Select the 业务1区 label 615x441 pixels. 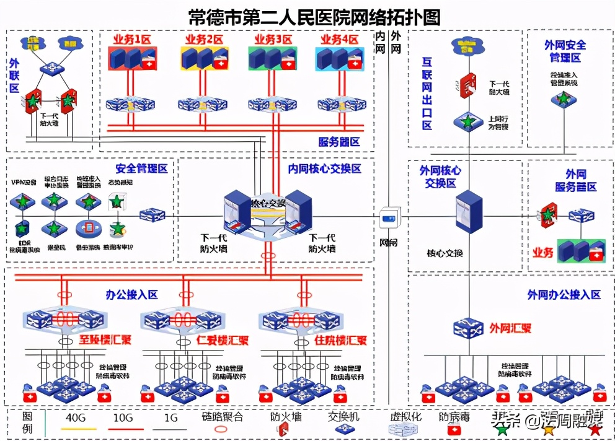(131, 40)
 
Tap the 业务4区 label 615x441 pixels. (339, 40)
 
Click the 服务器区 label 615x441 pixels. (338, 142)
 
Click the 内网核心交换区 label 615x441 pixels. (324, 168)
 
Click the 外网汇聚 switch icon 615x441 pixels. (468, 328)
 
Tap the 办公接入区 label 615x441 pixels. (131, 295)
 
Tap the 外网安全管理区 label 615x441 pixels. (564, 51)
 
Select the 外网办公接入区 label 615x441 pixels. (564, 295)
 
